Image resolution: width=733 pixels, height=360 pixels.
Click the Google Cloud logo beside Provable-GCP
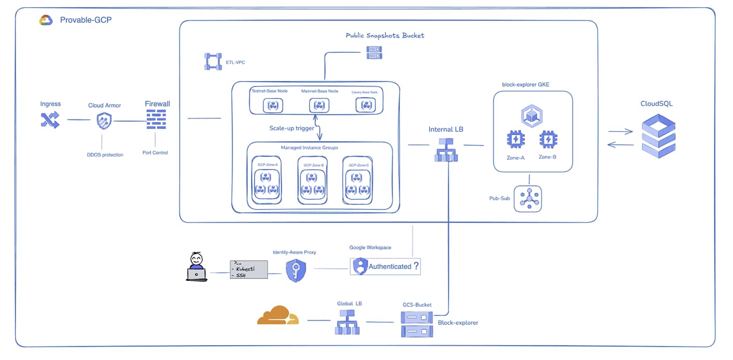[x=46, y=20]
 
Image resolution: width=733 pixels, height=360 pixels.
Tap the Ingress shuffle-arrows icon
[x=50, y=120]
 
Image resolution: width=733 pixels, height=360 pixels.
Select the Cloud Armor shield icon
[x=104, y=121]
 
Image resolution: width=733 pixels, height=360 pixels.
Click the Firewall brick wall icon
[x=156, y=120]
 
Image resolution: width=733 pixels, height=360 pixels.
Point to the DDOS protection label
[x=105, y=155]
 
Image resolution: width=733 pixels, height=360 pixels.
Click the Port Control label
[x=155, y=153]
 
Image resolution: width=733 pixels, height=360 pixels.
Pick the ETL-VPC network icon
[x=213, y=62]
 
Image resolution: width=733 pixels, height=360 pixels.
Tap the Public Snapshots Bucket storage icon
[x=374, y=53]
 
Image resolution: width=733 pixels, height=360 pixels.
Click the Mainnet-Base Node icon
[x=319, y=106]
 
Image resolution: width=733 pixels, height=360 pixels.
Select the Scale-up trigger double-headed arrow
[x=317, y=127]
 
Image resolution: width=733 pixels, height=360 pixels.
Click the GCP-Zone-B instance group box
[x=312, y=180]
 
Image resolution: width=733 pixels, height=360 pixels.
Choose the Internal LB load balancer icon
[x=446, y=150]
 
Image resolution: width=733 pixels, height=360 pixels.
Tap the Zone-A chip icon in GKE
[x=516, y=139]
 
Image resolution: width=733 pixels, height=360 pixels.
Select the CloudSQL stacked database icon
[x=658, y=136]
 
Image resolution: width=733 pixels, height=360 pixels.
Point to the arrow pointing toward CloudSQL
[x=620, y=132]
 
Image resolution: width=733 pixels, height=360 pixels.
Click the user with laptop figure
[x=197, y=267]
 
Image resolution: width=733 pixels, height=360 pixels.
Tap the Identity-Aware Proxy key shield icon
[x=296, y=270]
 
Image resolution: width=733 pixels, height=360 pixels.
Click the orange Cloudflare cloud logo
[x=278, y=316]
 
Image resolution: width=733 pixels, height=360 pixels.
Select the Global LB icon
[x=347, y=322]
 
